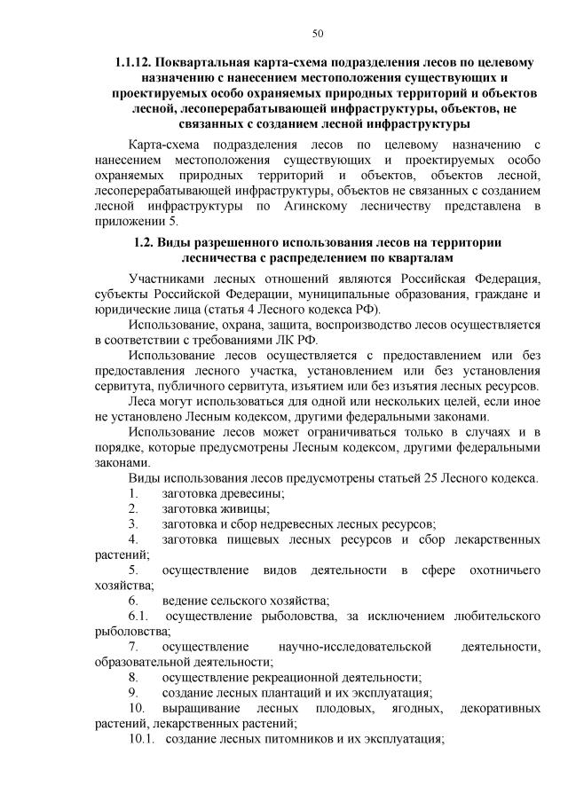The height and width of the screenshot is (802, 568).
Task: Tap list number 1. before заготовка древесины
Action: (x=133, y=492)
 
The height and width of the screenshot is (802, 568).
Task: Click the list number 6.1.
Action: (x=138, y=616)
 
